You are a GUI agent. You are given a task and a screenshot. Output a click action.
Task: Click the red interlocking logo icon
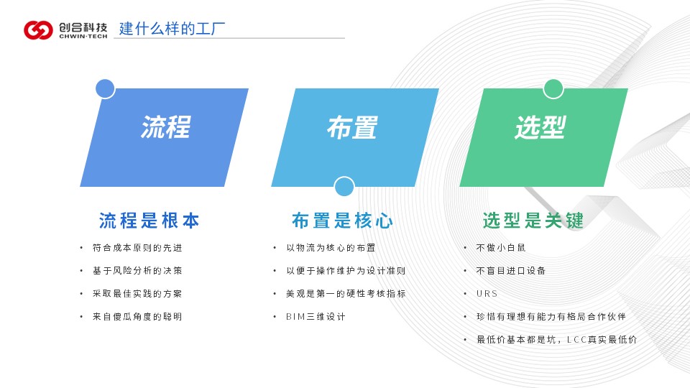38,30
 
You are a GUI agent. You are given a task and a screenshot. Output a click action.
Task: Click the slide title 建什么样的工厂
172,29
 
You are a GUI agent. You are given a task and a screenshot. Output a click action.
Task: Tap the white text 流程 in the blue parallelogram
166,127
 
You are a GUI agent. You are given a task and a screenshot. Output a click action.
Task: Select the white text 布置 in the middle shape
352,128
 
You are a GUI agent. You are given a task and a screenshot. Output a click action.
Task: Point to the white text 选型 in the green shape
540,128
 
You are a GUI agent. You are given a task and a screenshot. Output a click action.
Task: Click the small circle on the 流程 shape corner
105,89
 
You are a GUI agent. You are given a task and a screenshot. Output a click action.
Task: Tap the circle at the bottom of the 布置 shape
344,187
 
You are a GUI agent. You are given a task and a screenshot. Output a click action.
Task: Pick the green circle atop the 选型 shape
553,89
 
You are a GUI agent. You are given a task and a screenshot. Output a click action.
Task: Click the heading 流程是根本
149,221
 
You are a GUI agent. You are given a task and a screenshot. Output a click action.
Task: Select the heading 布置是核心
342,221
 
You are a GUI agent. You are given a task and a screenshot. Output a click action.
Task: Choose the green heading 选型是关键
533,221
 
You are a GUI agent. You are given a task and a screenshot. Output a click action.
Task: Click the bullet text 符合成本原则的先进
137,248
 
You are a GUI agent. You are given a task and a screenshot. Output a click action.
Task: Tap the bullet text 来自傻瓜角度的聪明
137,317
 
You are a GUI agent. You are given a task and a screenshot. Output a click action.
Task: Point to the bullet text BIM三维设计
316,317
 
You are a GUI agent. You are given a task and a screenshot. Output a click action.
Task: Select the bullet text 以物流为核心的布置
331,248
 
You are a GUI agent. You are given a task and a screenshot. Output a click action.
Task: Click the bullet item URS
487,294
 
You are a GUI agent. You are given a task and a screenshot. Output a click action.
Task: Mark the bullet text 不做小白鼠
501,248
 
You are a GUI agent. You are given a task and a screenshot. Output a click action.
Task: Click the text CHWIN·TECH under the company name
83,37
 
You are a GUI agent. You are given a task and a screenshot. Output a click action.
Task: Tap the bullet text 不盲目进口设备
511,271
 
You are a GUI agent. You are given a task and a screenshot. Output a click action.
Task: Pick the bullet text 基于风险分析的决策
137,271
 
